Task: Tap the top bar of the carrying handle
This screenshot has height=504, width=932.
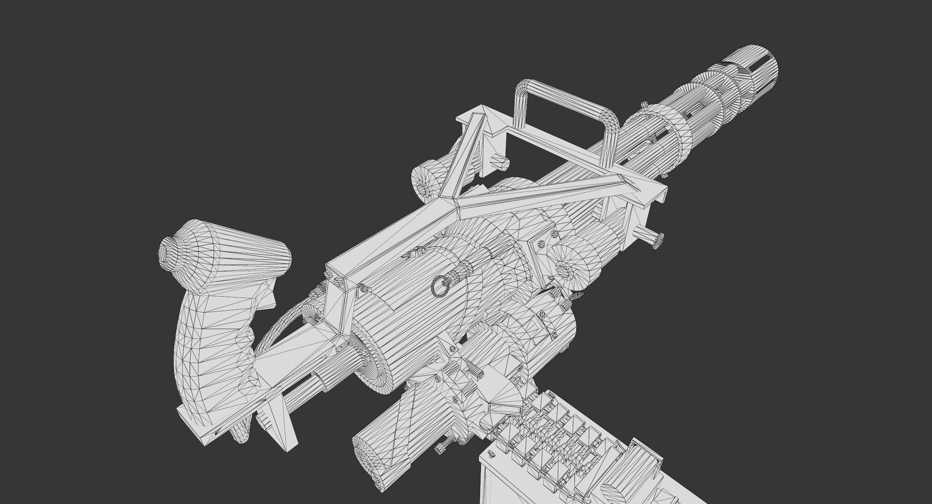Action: click(563, 100)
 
